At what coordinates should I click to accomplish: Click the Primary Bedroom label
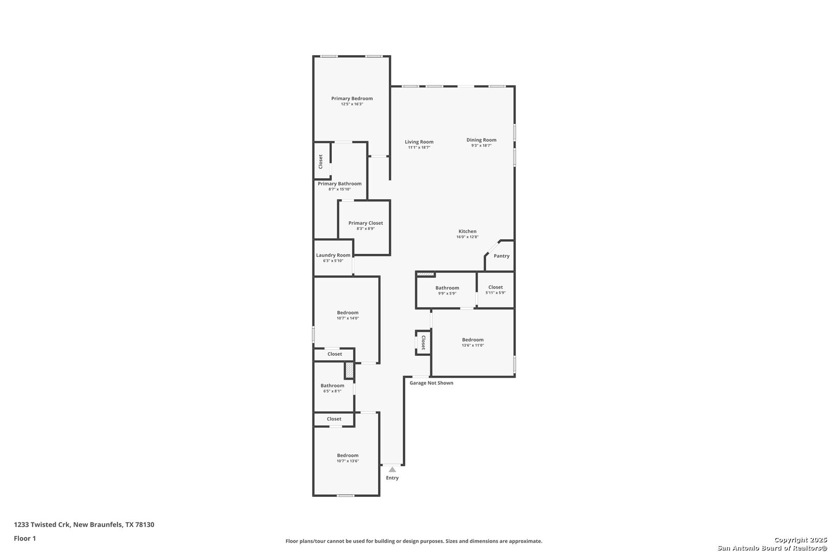pyautogui.click(x=352, y=99)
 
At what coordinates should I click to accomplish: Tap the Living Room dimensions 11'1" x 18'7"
pyautogui.click(x=419, y=148)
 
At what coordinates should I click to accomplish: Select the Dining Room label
pyautogui.click(x=481, y=140)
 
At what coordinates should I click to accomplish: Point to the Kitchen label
pyautogui.click(x=467, y=232)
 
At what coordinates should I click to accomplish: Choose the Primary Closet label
pyautogui.click(x=365, y=223)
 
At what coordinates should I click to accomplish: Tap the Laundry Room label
pyautogui.click(x=333, y=256)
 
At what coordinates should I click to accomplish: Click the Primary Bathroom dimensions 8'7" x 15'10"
pyautogui.click(x=339, y=190)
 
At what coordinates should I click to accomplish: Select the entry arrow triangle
pyautogui.click(x=392, y=469)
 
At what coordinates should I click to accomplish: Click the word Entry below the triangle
pyautogui.click(x=392, y=478)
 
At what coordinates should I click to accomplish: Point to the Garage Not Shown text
pyautogui.click(x=431, y=383)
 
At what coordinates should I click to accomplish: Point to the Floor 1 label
pyautogui.click(x=25, y=539)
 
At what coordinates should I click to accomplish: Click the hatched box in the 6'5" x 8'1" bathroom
pyautogui.click(x=349, y=371)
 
